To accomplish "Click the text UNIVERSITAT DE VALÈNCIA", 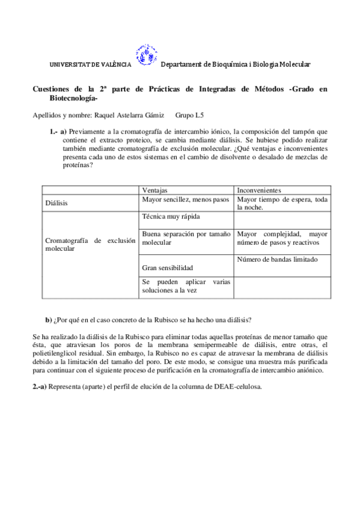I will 90,65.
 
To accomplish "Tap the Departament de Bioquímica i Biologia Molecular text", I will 236,64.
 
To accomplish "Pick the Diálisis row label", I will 57,203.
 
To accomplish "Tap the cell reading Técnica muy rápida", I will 171,217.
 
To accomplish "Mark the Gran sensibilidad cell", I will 168,267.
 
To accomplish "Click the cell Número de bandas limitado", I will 277,260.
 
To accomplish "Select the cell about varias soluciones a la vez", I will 186,286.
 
